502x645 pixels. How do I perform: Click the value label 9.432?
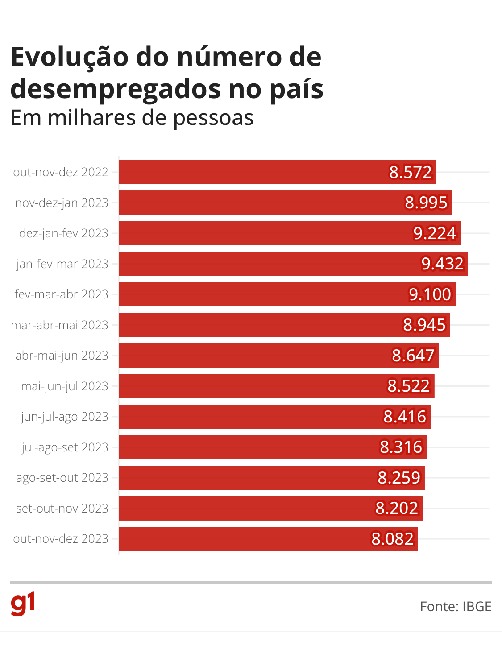443,264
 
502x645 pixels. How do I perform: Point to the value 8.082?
393,539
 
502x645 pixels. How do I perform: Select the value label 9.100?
430,294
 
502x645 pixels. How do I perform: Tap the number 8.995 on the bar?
426,203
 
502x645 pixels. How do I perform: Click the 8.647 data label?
413,356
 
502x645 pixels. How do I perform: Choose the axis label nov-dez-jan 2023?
62,203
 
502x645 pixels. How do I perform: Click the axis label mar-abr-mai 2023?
59,325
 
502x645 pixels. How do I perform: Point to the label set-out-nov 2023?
62,509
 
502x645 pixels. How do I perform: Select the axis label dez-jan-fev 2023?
63,233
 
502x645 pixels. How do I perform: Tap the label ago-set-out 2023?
62,478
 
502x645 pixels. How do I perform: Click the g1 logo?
22,604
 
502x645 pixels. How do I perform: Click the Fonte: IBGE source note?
456,607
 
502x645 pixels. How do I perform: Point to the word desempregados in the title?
116,89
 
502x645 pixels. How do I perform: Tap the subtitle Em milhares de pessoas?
132,118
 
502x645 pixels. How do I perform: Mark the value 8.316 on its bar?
401,447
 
